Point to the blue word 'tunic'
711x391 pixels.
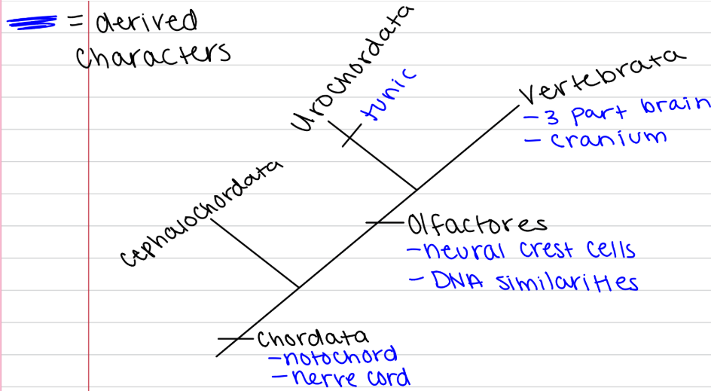388,96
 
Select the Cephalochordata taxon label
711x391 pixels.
200,212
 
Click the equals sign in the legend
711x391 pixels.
75,23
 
